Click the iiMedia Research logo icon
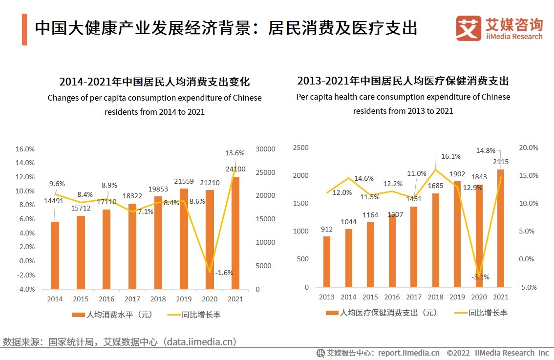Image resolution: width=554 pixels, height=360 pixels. click(x=469, y=29)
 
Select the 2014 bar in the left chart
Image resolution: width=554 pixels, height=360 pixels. click(x=55, y=255)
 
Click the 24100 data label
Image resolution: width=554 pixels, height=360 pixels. click(x=235, y=169)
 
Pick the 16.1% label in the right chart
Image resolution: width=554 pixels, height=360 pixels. click(x=437, y=156)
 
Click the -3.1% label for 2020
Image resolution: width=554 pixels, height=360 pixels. click(x=480, y=277)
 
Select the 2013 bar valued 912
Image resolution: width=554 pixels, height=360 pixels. click(x=327, y=262)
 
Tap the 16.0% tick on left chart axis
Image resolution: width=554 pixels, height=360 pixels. click(x=25, y=149)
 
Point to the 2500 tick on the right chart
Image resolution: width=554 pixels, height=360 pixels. click(x=300, y=148)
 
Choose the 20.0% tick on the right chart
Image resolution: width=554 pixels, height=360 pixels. click(x=528, y=148)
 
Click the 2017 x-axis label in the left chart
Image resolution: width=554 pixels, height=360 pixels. click(x=132, y=299)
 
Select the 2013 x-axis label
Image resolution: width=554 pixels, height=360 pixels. click(x=327, y=297)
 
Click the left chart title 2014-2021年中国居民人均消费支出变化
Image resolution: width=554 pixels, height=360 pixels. click(x=154, y=82)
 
